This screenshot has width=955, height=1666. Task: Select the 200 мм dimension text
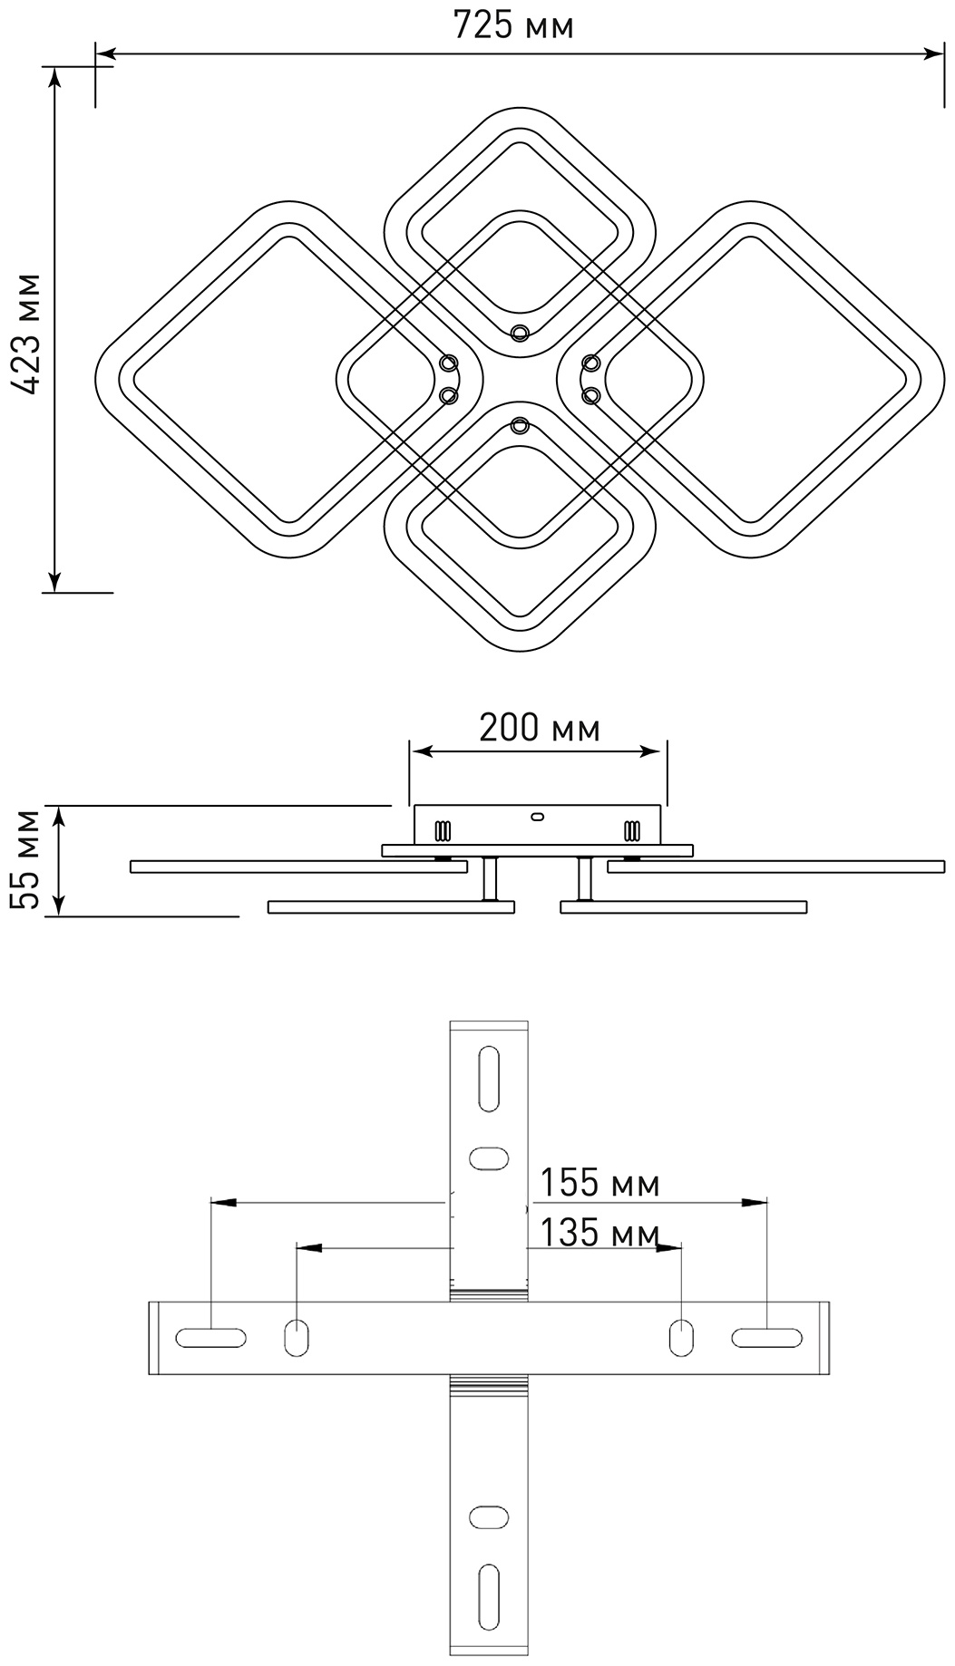(x=539, y=727)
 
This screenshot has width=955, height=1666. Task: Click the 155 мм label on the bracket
(x=600, y=1183)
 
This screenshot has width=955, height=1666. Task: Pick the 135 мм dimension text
(x=600, y=1233)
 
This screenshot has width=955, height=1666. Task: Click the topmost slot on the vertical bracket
(x=489, y=1079)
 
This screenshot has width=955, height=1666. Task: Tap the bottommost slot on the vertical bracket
(x=489, y=1596)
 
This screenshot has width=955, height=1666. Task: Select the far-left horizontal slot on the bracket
(x=211, y=1338)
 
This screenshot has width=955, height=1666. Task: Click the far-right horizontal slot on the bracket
(x=767, y=1338)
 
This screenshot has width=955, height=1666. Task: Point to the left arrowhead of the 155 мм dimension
(x=223, y=1203)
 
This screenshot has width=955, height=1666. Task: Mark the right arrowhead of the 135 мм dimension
(x=669, y=1248)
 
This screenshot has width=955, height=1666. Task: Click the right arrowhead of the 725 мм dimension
(x=932, y=54)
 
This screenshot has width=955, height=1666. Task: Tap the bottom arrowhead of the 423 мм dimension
(x=55, y=580)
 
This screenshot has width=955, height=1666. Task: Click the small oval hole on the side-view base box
(x=536, y=817)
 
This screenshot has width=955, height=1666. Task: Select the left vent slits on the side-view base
(x=443, y=830)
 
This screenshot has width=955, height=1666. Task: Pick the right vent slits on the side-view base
(x=632, y=830)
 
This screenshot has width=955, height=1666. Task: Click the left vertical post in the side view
(x=491, y=879)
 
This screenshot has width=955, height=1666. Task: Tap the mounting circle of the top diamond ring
(x=519, y=333)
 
